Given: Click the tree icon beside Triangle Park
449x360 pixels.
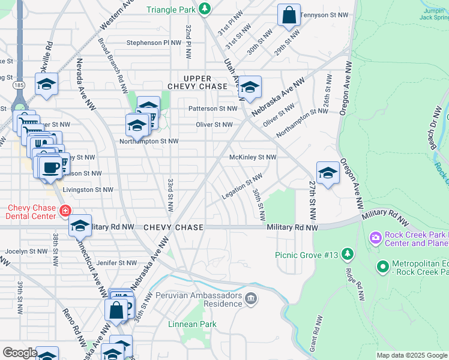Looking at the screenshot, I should click(205, 8).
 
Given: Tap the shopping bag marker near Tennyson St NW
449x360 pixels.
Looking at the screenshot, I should click(289, 16).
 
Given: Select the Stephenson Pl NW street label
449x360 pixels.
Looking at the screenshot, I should click(154, 43).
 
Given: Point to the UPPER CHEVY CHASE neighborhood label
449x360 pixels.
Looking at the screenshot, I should click(197, 83).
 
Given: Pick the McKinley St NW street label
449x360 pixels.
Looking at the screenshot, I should click(253, 157).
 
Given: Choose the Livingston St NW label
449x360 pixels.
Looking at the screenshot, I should click(88, 190).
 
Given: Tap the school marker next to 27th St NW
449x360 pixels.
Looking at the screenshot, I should click(328, 173).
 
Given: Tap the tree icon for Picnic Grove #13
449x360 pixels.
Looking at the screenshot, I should click(347, 254).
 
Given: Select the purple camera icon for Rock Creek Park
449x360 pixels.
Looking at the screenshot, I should click(376, 238).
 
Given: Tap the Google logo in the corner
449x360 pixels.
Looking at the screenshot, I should click(19, 353).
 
